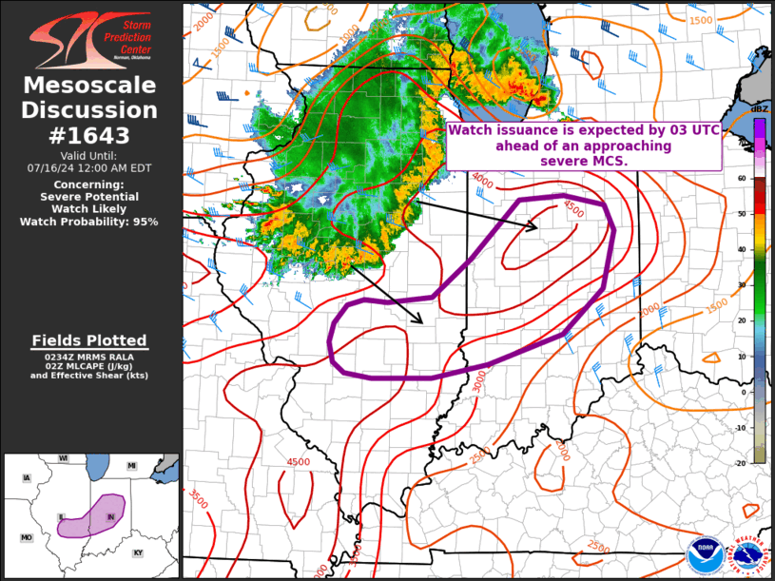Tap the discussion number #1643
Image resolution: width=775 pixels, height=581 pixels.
[x=90, y=135]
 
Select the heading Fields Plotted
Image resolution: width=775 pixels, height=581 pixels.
[x=89, y=340]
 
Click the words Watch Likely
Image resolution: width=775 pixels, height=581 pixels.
[x=89, y=209]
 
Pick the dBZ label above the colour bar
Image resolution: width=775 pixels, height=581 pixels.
[x=759, y=109]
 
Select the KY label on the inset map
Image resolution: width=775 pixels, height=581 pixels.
[x=138, y=552]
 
